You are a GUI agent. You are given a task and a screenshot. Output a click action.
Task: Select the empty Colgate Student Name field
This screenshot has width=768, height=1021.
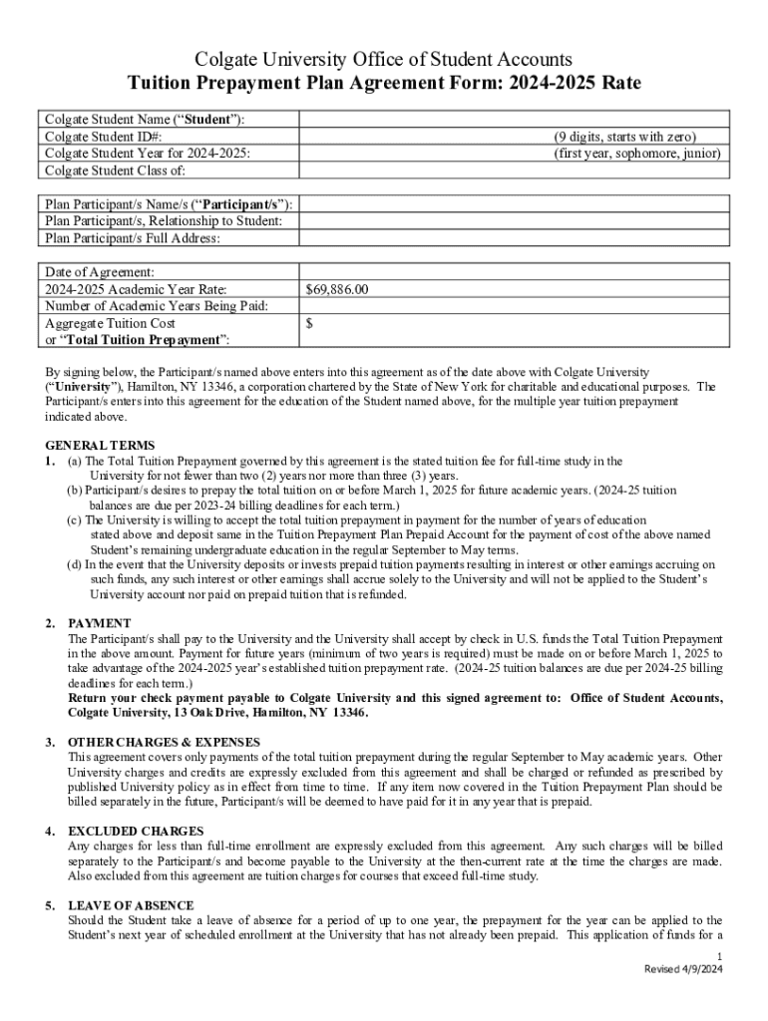(x=512, y=120)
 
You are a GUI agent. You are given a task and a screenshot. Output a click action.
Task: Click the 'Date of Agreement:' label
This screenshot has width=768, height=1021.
(x=100, y=272)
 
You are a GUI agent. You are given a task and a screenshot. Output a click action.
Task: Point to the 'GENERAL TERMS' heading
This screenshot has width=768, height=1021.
(x=100, y=445)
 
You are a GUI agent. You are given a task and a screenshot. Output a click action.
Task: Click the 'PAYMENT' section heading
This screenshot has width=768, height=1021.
(x=100, y=623)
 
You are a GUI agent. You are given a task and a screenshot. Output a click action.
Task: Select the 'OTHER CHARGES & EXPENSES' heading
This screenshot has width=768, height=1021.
(x=164, y=742)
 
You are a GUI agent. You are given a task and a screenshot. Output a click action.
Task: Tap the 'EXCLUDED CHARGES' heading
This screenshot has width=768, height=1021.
(x=136, y=831)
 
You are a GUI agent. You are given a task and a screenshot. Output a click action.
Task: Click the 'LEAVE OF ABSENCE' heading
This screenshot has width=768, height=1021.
(x=133, y=905)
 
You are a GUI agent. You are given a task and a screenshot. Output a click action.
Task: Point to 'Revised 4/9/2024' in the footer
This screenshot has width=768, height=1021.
(x=684, y=970)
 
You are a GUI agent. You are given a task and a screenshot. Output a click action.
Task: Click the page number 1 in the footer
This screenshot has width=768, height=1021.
(x=719, y=956)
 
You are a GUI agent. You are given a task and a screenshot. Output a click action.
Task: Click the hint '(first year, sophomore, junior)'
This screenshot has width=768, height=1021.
(x=637, y=154)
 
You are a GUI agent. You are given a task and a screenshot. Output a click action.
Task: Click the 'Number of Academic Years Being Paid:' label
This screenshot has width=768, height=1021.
(x=158, y=306)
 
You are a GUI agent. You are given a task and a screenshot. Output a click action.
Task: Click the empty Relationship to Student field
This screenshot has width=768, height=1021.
(x=512, y=221)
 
